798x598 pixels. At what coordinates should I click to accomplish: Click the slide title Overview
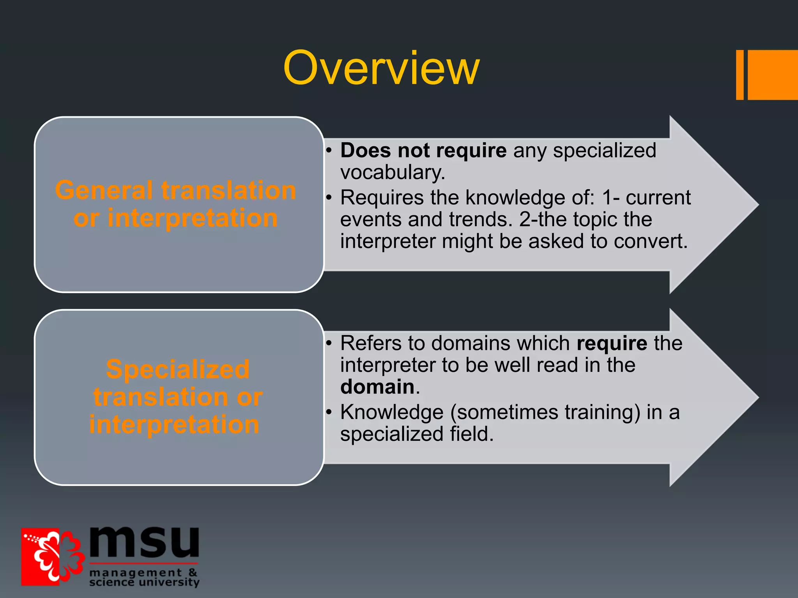click(x=381, y=69)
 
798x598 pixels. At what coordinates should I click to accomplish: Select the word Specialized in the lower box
click(x=178, y=369)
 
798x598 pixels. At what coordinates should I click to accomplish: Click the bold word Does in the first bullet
click(x=365, y=150)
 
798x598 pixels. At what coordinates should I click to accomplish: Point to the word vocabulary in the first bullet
click(x=392, y=172)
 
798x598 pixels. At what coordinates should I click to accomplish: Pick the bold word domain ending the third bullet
click(x=377, y=387)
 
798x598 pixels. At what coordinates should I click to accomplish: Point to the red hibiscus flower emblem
click(x=53, y=557)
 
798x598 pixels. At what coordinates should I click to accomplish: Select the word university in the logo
click(x=169, y=582)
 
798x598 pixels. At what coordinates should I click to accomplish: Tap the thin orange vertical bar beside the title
click(x=740, y=75)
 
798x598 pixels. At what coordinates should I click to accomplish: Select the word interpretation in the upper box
click(x=192, y=218)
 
